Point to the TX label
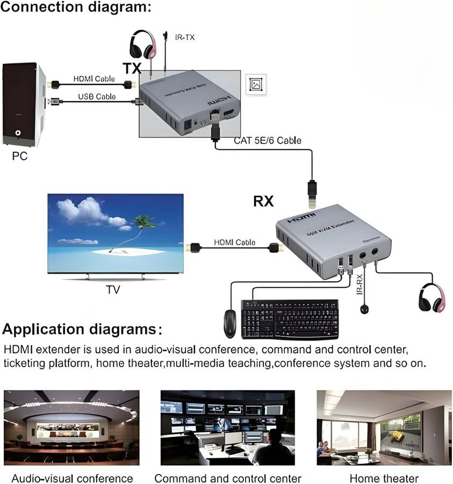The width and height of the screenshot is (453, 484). coord(132,68)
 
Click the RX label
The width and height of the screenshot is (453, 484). coord(263,201)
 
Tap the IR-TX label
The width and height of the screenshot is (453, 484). coord(185,37)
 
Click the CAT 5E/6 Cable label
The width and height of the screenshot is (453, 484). coord(267,140)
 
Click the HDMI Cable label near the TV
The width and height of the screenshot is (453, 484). coord(234,243)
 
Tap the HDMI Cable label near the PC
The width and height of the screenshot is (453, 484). coord(94,80)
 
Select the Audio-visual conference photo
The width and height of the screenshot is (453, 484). coord(71,428)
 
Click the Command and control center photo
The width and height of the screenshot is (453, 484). coord(227,428)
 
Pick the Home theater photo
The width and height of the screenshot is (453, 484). coord(384,428)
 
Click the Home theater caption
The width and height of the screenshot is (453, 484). coord(384,478)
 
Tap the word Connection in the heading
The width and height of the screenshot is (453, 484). coord(40,8)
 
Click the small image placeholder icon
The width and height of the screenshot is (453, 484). coord(256,84)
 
